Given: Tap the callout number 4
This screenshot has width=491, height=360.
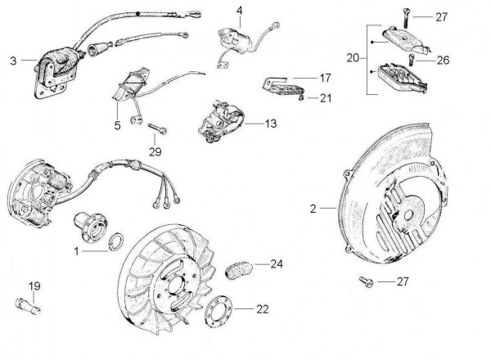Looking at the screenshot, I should pyautogui.click(x=240, y=11).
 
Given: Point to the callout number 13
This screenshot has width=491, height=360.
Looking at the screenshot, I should pyautogui.click(x=271, y=123).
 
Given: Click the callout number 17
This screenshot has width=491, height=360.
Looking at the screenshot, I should pyautogui.click(x=325, y=79).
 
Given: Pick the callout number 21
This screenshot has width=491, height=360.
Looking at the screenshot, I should pyautogui.click(x=326, y=99).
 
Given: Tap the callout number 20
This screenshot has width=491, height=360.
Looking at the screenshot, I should pyautogui.click(x=353, y=58).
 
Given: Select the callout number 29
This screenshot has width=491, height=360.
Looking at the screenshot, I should pyautogui.click(x=156, y=151).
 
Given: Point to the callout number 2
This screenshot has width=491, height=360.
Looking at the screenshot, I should pyautogui.click(x=313, y=209).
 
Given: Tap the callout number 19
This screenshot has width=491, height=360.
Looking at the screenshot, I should pyautogui.click(x=34, y=286).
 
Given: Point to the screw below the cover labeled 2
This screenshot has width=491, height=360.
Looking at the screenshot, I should pyautogui.click(x=365, y=283).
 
